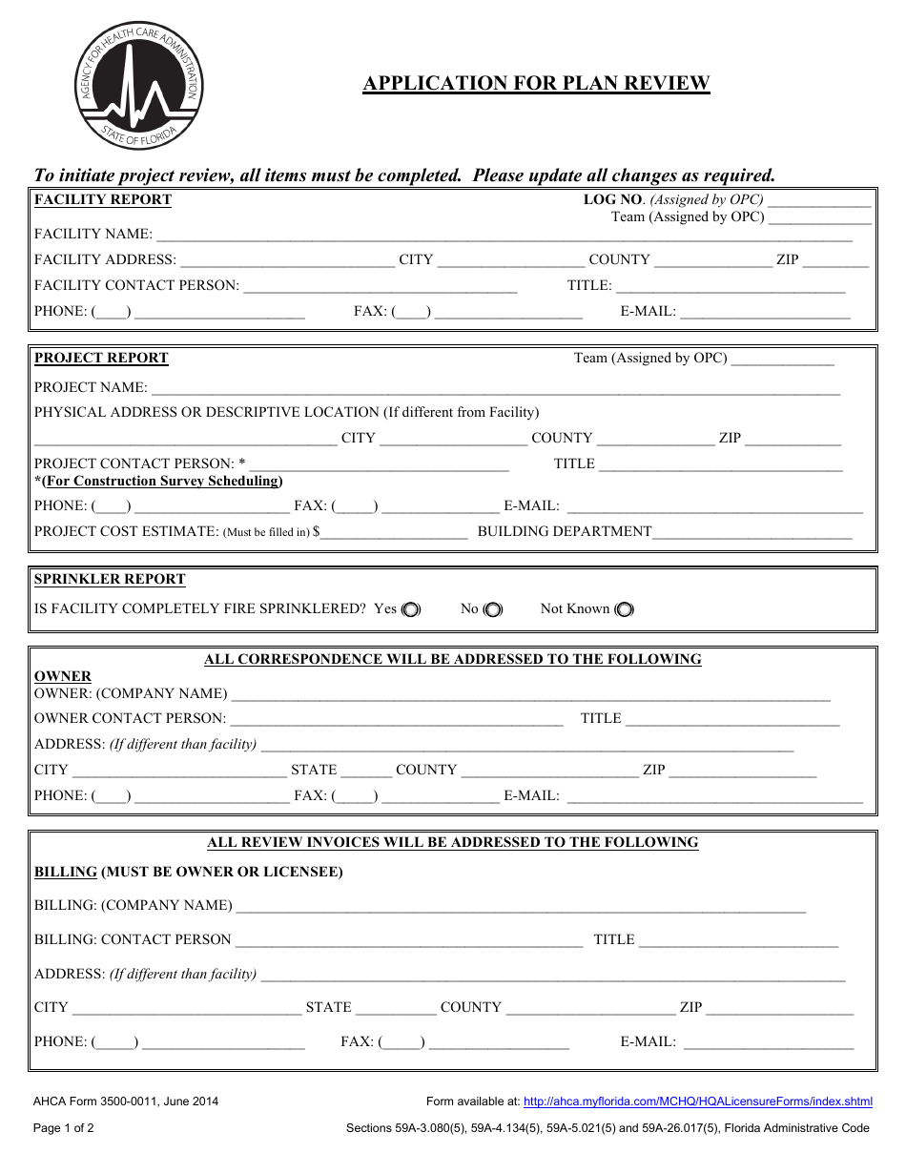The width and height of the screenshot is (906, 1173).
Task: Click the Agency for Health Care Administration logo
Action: pyautogui.click(x=139, y=89)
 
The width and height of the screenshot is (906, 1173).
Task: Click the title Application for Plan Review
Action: pyautogui.click(x=536, y=83)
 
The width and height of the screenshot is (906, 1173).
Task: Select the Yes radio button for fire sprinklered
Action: pyautogui.click(x=410, y=609)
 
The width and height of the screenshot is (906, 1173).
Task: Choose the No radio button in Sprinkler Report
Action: pyautogui.click(x=492, y=609)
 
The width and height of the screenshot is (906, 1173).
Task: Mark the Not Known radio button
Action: pyautogui.click(x=624, y=609)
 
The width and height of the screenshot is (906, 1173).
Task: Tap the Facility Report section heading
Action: pyautogui.click(x=103, y=199)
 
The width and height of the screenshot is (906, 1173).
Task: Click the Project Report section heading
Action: pyautogui.click(x=101, y=358)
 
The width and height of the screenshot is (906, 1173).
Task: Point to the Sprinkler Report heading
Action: pyautogui.click(x=110, y=579)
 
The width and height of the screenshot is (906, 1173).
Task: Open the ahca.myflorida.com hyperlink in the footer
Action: pyautogui.click(x=698, y=1101)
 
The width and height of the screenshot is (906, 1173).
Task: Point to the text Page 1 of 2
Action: pyautogui.click(x=64, y=1128)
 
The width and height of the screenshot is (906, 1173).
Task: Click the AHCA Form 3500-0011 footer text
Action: pyautogui.click(x=126, y=1101)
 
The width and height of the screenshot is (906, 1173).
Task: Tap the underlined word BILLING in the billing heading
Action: pyautogui.click(x=66, y=872)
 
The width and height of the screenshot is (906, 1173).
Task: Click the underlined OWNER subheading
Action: pyautogui.click(x=63, y=676)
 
